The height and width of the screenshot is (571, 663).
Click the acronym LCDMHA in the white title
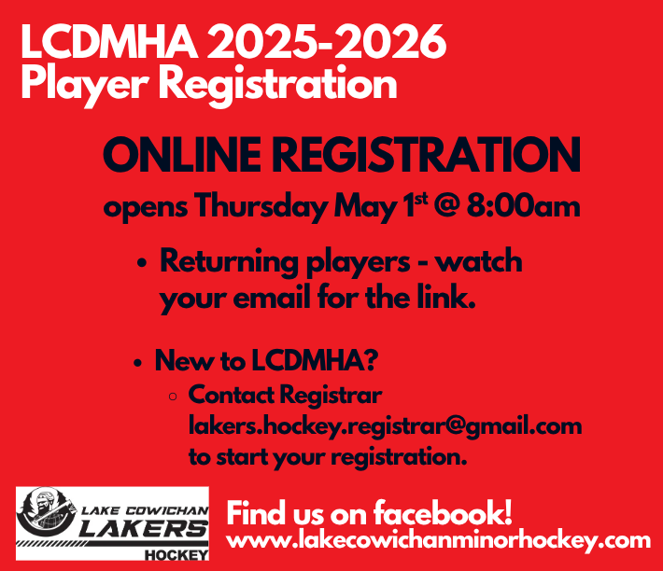tap(109, 41)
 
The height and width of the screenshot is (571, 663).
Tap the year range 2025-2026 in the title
tap(327, 41)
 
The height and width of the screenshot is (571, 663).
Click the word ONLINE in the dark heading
tap(182, 155)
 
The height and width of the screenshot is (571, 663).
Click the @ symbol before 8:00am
tap(446, 206)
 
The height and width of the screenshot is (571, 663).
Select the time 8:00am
tap(524, 206)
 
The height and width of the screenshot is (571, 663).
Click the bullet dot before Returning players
tap(142, 263)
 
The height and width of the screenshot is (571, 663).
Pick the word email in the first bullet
tap(272, 297)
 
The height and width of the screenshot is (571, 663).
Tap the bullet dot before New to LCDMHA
tap(137, 363)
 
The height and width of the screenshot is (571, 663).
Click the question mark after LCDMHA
tap(370, 360)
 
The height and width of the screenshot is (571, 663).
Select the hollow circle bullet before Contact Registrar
tap(173, 397)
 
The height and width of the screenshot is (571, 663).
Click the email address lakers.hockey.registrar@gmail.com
tap(386, 427)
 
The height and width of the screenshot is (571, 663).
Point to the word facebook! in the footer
tap(443, 513)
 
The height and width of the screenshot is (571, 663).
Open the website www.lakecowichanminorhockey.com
tap(439, 541)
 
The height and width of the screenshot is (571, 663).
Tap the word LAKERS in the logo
tap(144, 528)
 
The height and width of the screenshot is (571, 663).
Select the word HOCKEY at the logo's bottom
tap(176, 554)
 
